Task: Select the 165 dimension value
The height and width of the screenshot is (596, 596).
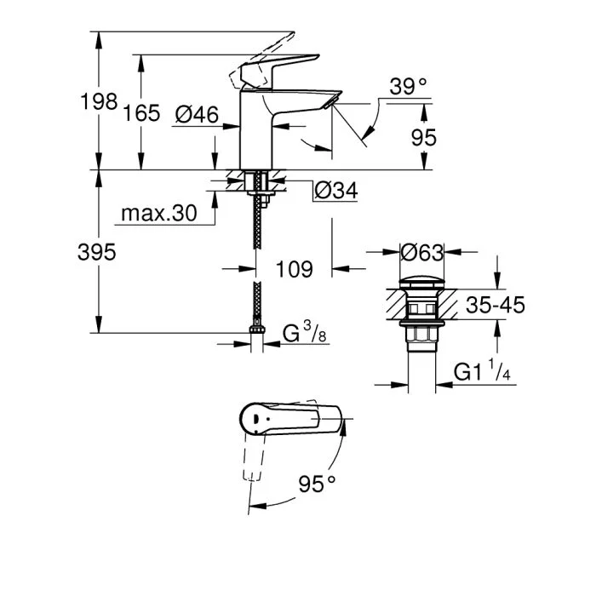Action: pos(142,112)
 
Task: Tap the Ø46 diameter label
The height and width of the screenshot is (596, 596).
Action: pos(197,112)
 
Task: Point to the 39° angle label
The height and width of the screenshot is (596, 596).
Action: pos(408,86)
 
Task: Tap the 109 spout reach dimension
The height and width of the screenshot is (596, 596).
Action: pos(295,269)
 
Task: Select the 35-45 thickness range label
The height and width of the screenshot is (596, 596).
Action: pos(494,305)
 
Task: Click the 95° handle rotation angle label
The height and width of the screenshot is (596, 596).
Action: pos(318,484)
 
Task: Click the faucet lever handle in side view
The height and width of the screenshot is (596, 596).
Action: pos(277,67)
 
